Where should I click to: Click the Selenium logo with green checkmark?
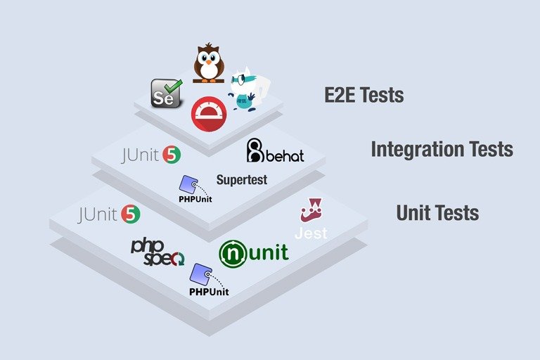(x=167, y=93)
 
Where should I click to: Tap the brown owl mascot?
(x=208, y=63)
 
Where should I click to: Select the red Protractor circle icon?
(x=209, y=114)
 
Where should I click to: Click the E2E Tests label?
(x=364, y=95)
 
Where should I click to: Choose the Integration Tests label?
(x=442, y=149)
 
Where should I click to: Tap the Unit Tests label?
(x=437, y=212)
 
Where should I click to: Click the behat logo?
(x=275, y=150)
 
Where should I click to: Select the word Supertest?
(x=242, y=179)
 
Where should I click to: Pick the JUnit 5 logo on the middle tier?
(x=151, y=155)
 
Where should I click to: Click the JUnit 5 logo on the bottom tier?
(x=108, y=214)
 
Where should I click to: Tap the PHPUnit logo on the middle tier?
(x=195, y=189)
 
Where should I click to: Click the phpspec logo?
(x=157, y=253)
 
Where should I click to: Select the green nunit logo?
(x=253, y=254)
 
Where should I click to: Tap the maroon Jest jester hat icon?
(x=311, y=210)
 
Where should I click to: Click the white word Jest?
(x=311, y=233)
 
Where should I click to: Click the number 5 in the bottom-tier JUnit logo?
(x=131, y=214)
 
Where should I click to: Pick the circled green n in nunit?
(x=233, y=254)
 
